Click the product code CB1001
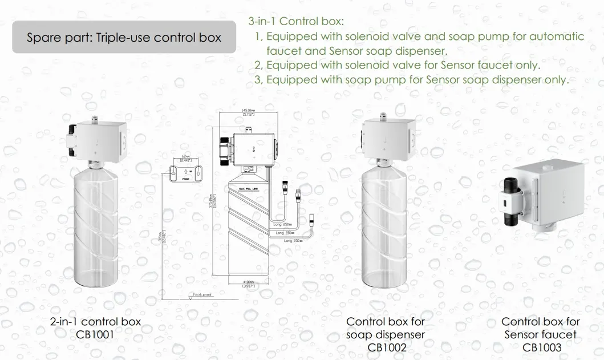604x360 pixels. click(x=95, y=334)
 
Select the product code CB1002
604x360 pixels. click(x=386, y=347)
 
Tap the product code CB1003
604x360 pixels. click(x=541, y=347)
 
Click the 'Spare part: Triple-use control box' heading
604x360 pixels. click(x=124, y=38)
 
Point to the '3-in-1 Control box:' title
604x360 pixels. click(x=296, y=22)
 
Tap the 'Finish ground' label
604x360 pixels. click(x=202, y=294)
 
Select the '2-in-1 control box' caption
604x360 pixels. click(x=95, y=322)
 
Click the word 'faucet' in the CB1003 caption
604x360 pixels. click(x=558, y=334)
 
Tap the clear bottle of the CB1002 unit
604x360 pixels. click(x=386, y=228)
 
